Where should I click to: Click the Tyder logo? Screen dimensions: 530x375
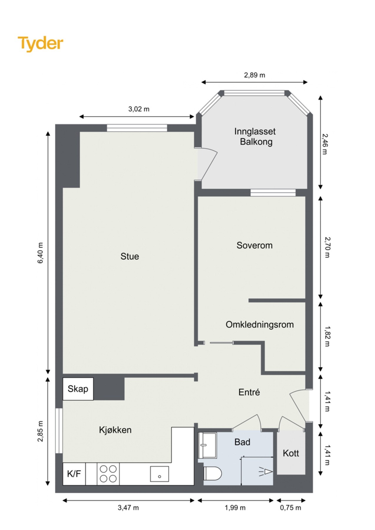click(x=40, y=44)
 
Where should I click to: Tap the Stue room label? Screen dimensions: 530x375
click(x=130, y=256)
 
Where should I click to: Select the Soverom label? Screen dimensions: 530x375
click(x=254, y=245)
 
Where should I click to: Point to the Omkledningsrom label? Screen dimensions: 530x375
click(x=260, y=324)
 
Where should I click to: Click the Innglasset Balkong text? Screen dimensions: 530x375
click(x=255, y=137)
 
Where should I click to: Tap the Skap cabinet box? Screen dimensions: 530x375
click(x=78, y=389)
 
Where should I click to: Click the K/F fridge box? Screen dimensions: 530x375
click(x=74, y=474)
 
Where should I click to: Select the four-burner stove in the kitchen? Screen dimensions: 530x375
click(x=108, y=474)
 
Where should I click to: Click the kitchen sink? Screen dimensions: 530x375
click(x=159, y=474)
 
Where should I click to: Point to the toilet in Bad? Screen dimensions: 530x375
click(x=212, y=473)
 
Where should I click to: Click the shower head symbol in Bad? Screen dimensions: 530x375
click(x=266, y=472)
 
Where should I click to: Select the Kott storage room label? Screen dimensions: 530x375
click(x=291, y=453)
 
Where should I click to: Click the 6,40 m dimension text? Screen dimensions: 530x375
click(x=40, y=253)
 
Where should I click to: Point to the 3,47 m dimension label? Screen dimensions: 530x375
click(x=128, y=508)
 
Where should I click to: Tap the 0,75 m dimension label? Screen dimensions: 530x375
click(x=290, y=508)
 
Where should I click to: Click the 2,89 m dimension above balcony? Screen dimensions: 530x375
click(x=255, y=75)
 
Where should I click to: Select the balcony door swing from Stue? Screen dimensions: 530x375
click(x=208, y=164)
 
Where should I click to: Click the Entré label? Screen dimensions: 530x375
click(x=249, y=392)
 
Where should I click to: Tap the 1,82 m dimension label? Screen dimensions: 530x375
click(x=327, y=336)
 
